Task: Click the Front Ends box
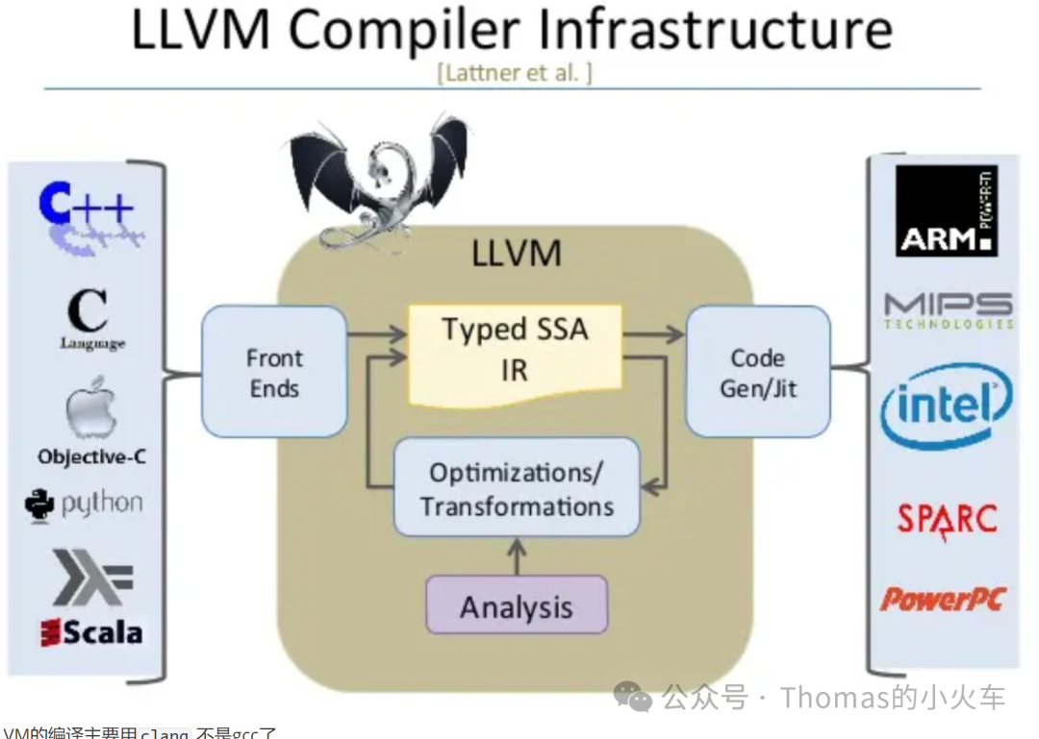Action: pyautogui.click(x=274, y=373)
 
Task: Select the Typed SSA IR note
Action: pyautogui.click(x=516, y=353)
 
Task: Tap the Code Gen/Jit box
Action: pyautogui.click(x=757, y=373)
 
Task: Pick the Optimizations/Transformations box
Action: pyautogui.click(x=517, y=488)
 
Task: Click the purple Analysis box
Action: pyautogui.click(x=517, y=606)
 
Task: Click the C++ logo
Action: pyautogui.click(x=87, y=217)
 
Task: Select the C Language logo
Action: pyautogui.click(x=89, y=321)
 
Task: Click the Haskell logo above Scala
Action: pyautogui.click(x=92, y=577)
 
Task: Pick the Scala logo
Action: pyautogui.click(x=91, y=631)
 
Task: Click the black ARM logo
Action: pyautogui.click(x=946, y=210)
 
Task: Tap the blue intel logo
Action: pyautogui.click(x=947, y=406)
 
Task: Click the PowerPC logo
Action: pyautogui.click(x=942, y=600)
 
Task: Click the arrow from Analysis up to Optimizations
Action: pyautogui.click(x=517, y=555)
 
